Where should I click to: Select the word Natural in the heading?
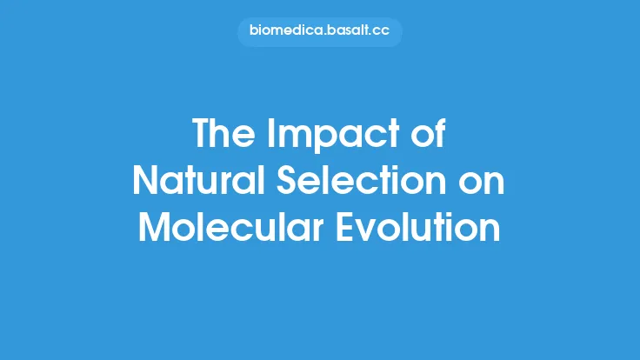click(x=192, y=180)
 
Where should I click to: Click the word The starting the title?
click(x=223, y=135)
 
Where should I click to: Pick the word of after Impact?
click(x=428, y=135)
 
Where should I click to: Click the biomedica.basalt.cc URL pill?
click(x=320, y=32)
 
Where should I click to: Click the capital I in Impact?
click(x=268, y=135)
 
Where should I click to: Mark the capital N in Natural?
click(x=145, y=180)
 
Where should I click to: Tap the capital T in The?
click(x=201, y=135)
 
